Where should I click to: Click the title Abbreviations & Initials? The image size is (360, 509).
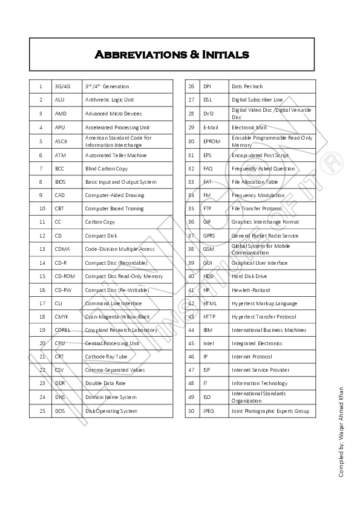pyautogui.click(x=172, y=55)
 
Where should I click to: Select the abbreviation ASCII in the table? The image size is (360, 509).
pyautogui.click(x=61, y=141)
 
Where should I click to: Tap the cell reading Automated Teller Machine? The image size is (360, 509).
pyautogui.click(x=116, y=155)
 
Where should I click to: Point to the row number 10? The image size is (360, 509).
pyautogui.click(x=41, y=209)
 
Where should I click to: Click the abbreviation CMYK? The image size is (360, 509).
pyautogui.click(x=62, y=317)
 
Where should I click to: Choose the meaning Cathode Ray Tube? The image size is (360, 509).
pyautogui.click(x=106, y=357)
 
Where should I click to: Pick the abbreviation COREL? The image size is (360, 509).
pyautogui.click(x=63, y=330)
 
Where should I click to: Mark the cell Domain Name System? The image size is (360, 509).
pyautogui.click(x=111, y=397)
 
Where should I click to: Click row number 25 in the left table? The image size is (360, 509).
pyautogui.click(x=41, y=411)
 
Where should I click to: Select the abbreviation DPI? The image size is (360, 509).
pyautogui.click(x=207, y=86)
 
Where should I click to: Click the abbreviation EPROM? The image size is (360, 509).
pyautogui.click(x=211, y=141)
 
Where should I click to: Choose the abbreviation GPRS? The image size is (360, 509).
pyautogui.click(x=209, y=236)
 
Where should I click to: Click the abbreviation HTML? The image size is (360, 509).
pyautogui.click(x=210, y=303)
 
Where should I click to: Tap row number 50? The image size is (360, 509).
pyautogui.click(x=191, y=411)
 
